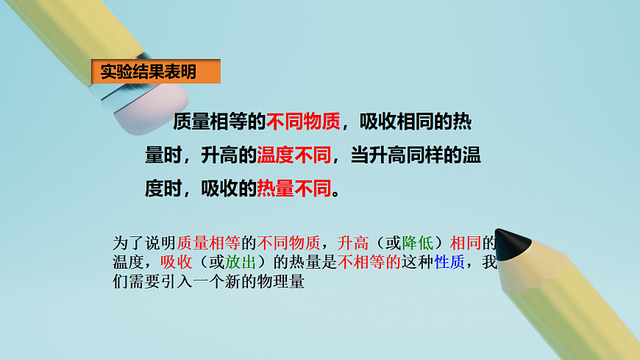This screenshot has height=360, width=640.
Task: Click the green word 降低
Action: (x=418, y=243)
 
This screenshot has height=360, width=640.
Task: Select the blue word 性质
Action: (x=449, y=262)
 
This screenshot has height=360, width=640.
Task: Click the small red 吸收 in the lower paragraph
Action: (x=177, y=262)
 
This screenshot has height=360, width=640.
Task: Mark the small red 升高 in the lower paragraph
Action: (x=353, y=243)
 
